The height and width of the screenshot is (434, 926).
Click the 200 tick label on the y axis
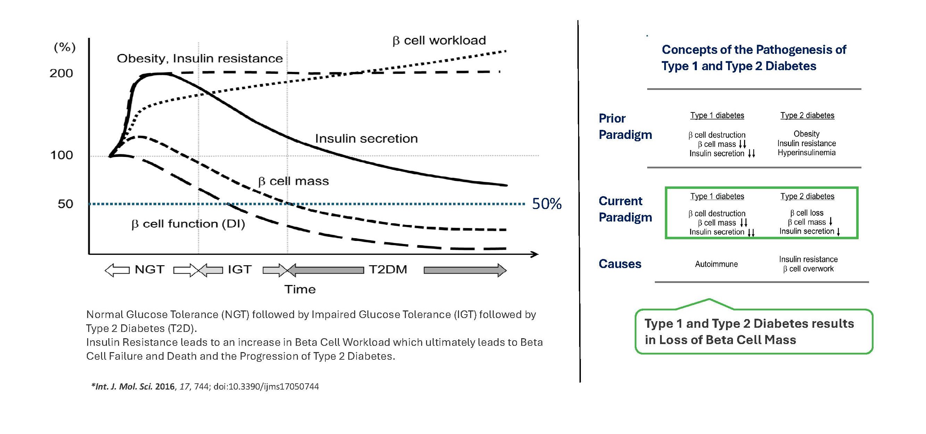(x=61, y=73)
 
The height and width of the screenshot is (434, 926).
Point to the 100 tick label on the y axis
(x=61, y=155)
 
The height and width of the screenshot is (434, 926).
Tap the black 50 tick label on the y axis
(x=65, y=204)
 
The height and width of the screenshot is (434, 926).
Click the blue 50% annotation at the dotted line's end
(x=547, y=204)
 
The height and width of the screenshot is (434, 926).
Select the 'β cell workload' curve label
(x=439, y=40)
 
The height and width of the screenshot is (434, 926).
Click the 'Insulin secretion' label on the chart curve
(x=366, y=139)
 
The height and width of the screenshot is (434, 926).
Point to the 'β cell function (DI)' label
(x=188, y=224)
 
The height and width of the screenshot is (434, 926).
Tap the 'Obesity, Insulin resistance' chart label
(x=200, y=58)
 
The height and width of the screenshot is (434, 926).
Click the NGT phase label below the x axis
(x=150, y=269)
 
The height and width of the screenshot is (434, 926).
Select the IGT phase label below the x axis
(x=240, y=269)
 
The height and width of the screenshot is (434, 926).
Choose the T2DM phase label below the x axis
(x=388, y=269)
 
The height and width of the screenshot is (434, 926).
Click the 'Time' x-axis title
(x=300, y=290)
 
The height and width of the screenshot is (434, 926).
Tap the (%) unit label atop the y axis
(x=65, y=47)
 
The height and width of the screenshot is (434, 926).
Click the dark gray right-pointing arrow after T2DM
(x=465, y=270)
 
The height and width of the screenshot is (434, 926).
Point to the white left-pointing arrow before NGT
(x=117, y=270)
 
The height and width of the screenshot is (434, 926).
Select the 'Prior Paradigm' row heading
(x=625, y=126)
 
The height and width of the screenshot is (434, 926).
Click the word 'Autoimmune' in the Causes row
(x=716, y=264)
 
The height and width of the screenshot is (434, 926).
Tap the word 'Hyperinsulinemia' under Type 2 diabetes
(x=807, y=153)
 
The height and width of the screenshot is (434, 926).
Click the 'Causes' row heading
(x=620, y=264)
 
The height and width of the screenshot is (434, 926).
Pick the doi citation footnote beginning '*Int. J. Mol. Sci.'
(x=205, y=386)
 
